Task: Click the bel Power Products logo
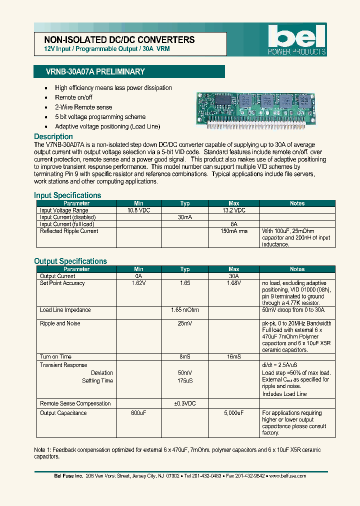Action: click(x=296, y=40)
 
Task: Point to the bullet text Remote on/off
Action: click(x=73, y=97)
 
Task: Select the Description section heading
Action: click(x=53, y=136)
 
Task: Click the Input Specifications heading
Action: click(x=67, y=195)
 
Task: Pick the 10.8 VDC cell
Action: click(x=138, y=210)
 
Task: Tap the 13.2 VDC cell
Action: click(x=233, y=210)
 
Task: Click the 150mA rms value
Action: click(x=233, y=231)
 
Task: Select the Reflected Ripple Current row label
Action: click(x=69, y=231)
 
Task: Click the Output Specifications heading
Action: click(x=70, y=261)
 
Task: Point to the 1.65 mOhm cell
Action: click(x=185, y=310)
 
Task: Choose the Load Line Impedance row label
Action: click(x=65, y=310)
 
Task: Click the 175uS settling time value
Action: click(x=185, y=381)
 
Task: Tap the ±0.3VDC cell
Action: click(x=185, y=403)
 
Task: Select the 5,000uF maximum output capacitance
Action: click(x=233, y=413)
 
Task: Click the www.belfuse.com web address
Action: click(x=287, y=476)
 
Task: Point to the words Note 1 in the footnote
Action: click(x=42, y=450)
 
